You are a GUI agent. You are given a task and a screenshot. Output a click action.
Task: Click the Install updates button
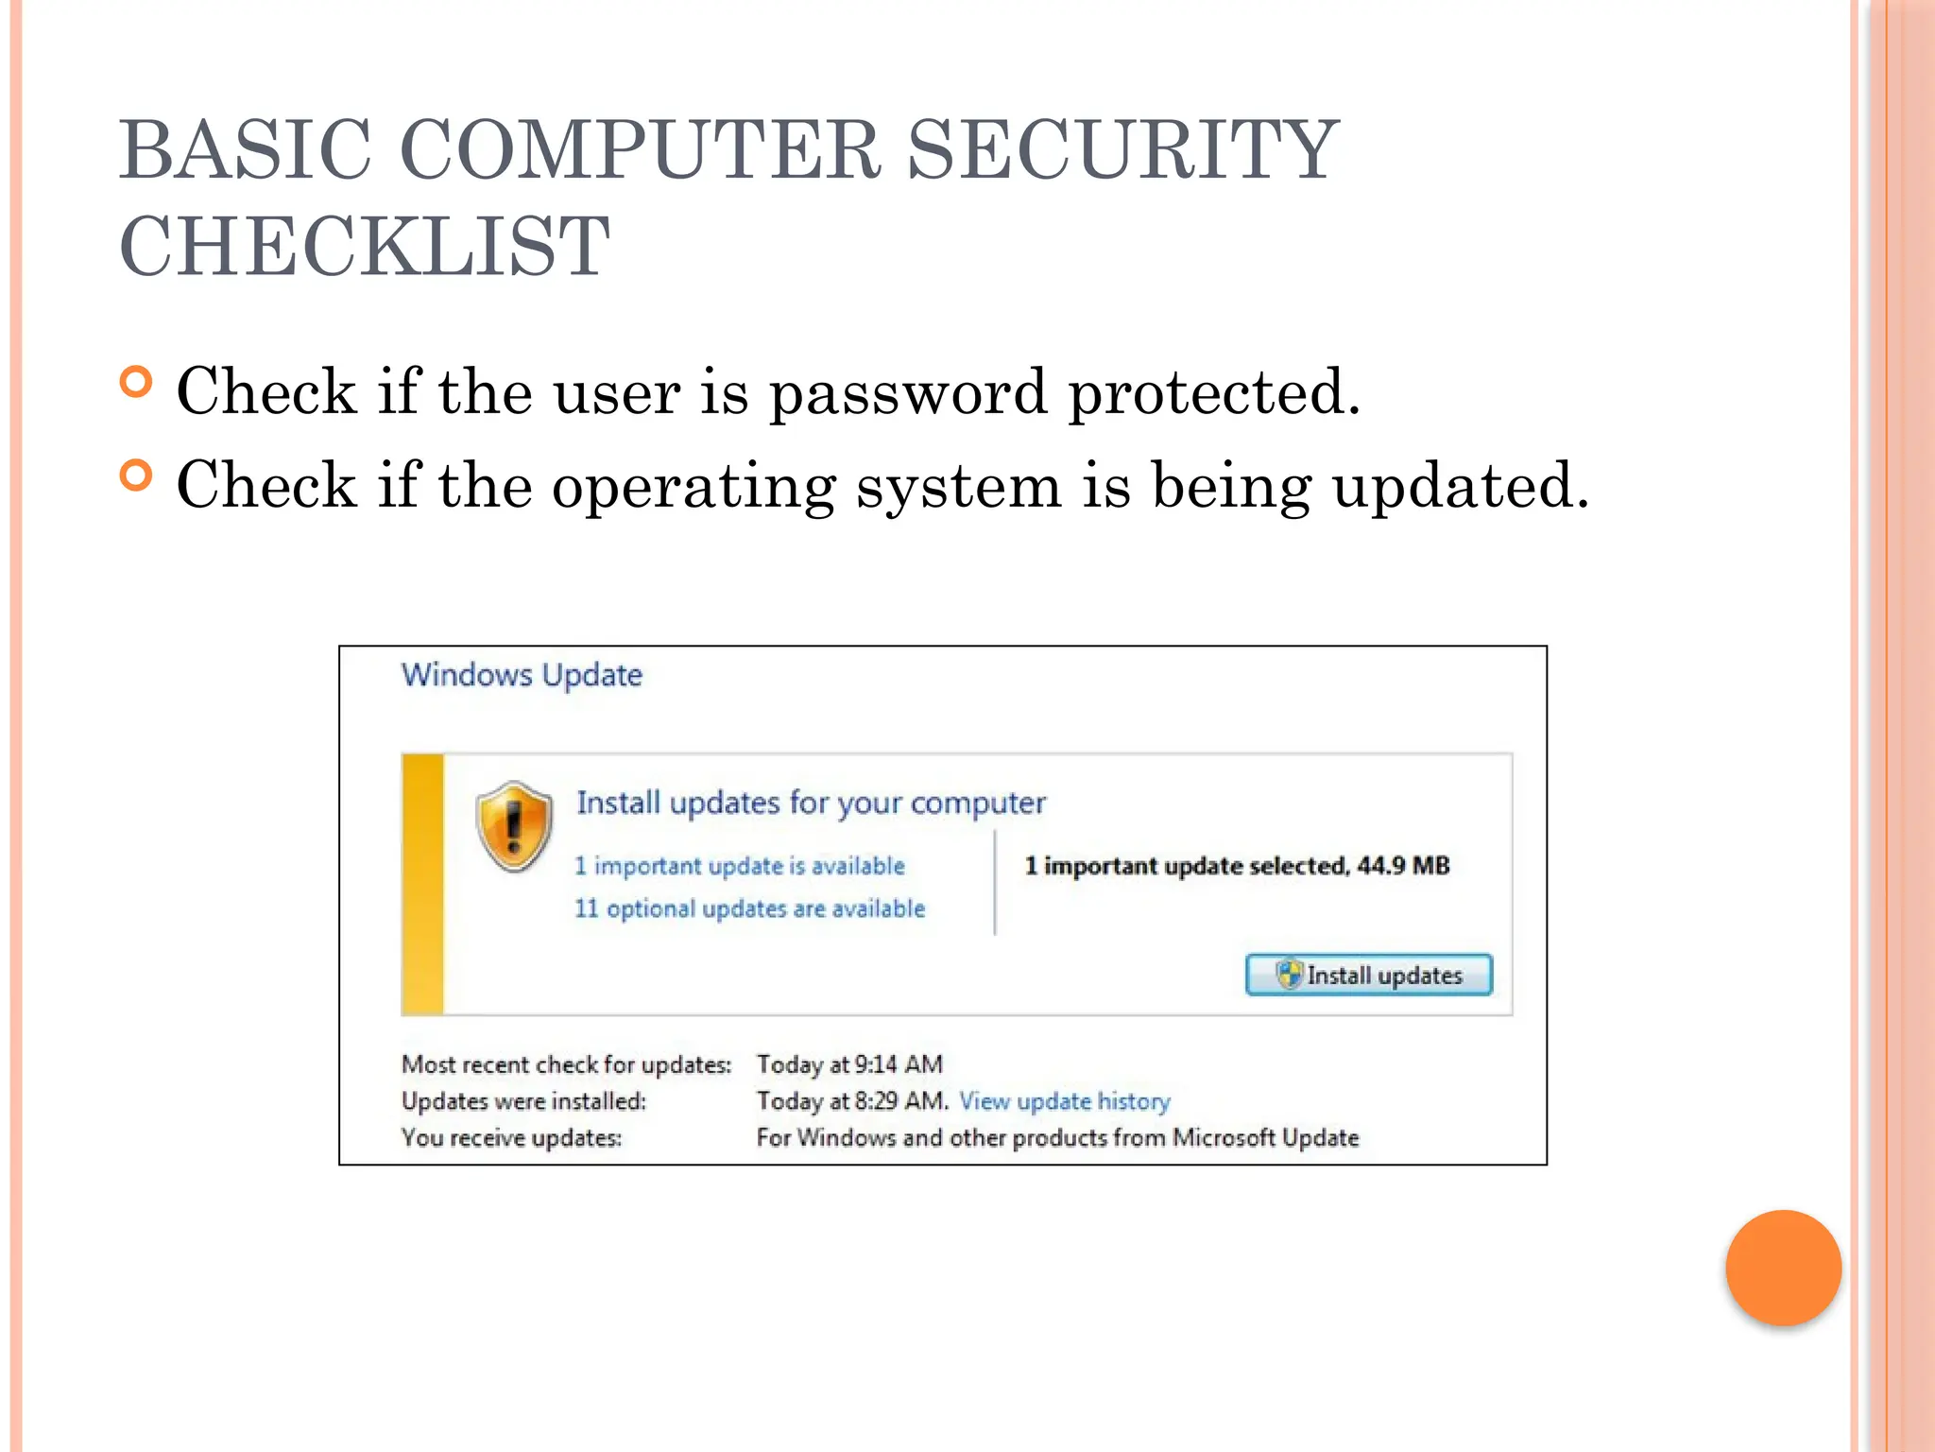pos(1369,975)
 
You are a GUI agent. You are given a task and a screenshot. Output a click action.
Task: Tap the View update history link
pos(1065,1101)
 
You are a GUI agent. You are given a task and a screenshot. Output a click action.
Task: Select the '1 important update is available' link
pos(740,866)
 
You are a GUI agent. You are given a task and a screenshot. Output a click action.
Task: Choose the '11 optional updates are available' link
pos(750,908)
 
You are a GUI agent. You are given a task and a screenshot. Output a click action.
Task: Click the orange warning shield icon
pos(514,826)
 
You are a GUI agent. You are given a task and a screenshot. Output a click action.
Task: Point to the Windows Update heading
pos(522,675)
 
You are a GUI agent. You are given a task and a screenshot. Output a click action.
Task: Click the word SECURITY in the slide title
pos(1122,150)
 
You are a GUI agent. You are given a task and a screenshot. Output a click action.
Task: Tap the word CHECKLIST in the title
pos(365,247)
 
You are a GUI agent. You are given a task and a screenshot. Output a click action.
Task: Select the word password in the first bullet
pos(908,392)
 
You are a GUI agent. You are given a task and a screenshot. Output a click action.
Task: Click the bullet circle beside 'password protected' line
pos(137,382)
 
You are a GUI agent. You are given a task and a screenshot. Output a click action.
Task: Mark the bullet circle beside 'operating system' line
pos(137,475)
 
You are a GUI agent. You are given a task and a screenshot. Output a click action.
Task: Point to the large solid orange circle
pos(1783,1268)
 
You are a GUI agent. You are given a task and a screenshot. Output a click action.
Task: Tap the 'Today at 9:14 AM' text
pos(849,1064)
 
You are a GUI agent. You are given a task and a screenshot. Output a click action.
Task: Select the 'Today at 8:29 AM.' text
pos(852,1101)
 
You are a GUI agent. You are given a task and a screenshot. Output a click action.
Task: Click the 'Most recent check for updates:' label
pos(566,1064)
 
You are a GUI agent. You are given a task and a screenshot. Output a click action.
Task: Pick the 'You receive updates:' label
pos(511,1137)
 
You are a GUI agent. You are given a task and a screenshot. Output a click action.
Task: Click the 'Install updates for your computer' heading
pos(811,803)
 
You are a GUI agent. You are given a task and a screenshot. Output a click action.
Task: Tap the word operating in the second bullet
pos(694,487)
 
